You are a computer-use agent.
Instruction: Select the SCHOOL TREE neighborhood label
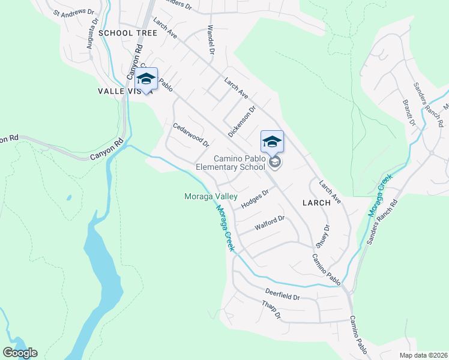(128, 33)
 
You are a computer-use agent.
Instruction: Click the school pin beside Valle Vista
(146, 79)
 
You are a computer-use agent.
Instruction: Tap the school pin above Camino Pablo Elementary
(272, 142)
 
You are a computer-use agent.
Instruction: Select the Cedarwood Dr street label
(191, 135)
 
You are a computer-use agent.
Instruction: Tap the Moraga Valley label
(210, 196)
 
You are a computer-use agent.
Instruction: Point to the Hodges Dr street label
(255, 199)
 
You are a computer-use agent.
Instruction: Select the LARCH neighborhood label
(316, 203)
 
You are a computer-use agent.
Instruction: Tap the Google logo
(20, 353)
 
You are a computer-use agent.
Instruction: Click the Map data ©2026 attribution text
(423, 355)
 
